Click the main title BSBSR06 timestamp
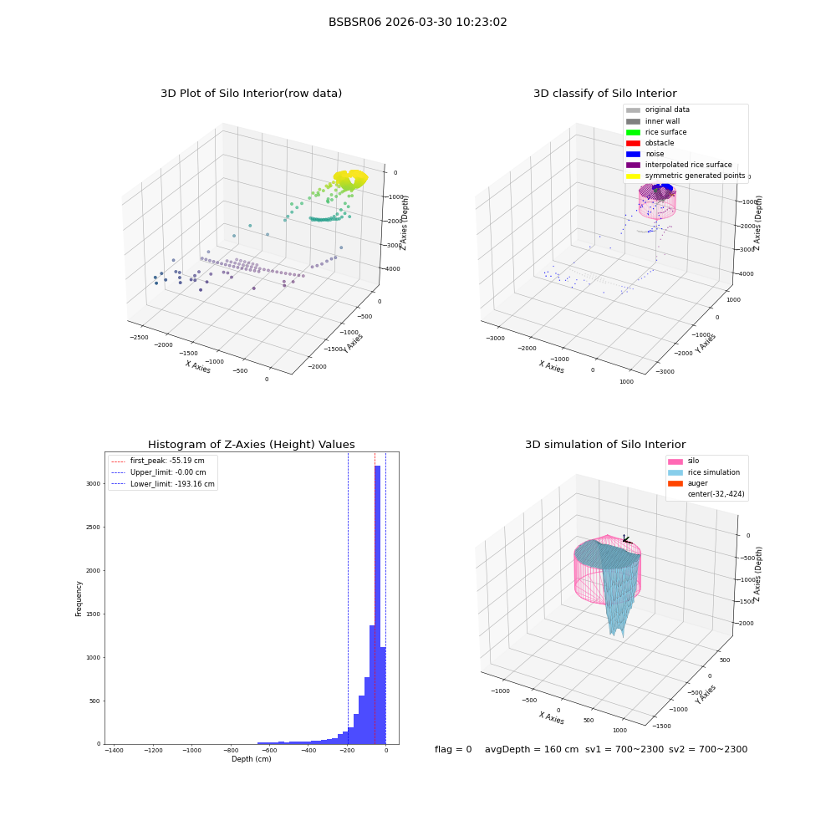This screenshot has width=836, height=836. [417, 22]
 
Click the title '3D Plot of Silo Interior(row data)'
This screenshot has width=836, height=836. [251, 94]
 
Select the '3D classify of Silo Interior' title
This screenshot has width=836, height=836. [605, 94]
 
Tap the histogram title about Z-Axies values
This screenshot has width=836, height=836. [251, 444]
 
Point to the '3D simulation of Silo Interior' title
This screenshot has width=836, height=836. [605, 444]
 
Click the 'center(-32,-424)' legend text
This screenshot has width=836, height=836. [716, 494]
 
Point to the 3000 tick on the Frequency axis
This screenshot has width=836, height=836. [94, 483]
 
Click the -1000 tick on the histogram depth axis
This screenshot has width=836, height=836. [192, 750]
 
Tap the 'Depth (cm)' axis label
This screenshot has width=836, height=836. [251, 759]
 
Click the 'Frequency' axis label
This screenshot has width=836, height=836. [79, 599]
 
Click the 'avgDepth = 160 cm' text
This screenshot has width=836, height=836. [532, 749]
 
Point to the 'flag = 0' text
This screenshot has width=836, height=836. [453, 749]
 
